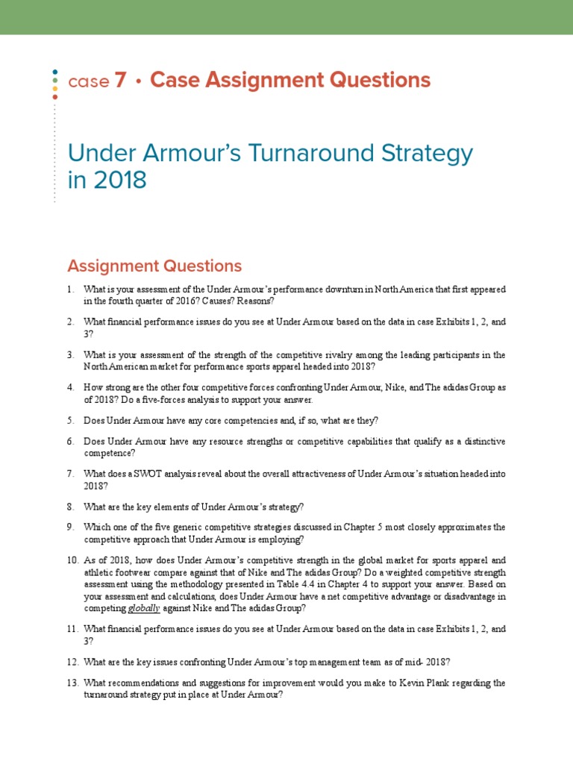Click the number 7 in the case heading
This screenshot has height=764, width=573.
120,81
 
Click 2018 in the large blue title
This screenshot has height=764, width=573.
119,180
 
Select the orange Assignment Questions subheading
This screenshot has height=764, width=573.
154,266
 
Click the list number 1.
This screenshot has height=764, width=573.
69,289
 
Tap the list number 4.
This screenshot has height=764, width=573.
69,388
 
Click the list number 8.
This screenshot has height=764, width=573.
69,507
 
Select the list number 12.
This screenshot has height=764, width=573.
71,662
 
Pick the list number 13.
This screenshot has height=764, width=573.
71,683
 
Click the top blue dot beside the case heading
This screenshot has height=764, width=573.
55,72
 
